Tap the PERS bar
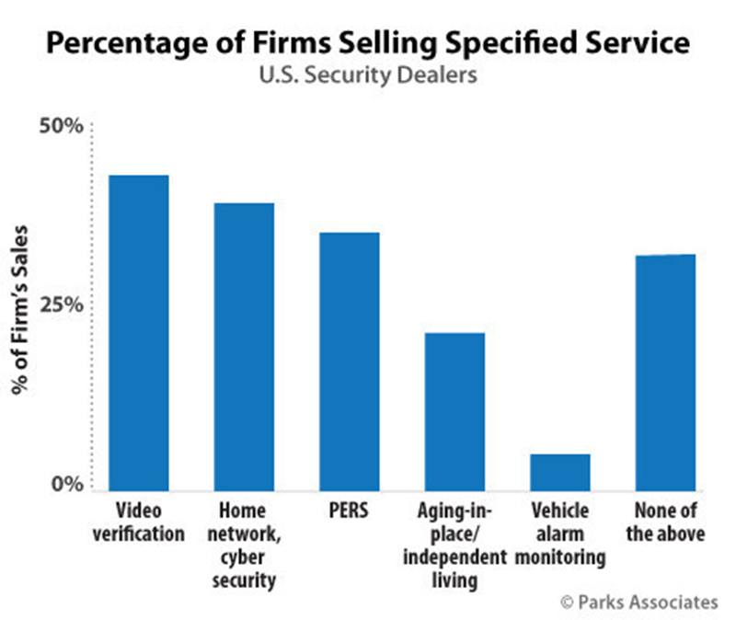[x=350, y=361]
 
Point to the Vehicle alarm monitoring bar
[x=560, y=471]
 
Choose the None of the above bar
[x=665, y=372]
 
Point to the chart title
[x=368, y=44]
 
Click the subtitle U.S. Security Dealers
[x=368, y=75]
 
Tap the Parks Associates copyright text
[x=638, y=603]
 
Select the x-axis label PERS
[x=350, y=511]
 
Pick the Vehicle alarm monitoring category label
[x=560, y=534]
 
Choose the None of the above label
[x=665, y=522]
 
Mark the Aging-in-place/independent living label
[x=454, y=545]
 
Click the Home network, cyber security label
[x=244, y=545]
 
